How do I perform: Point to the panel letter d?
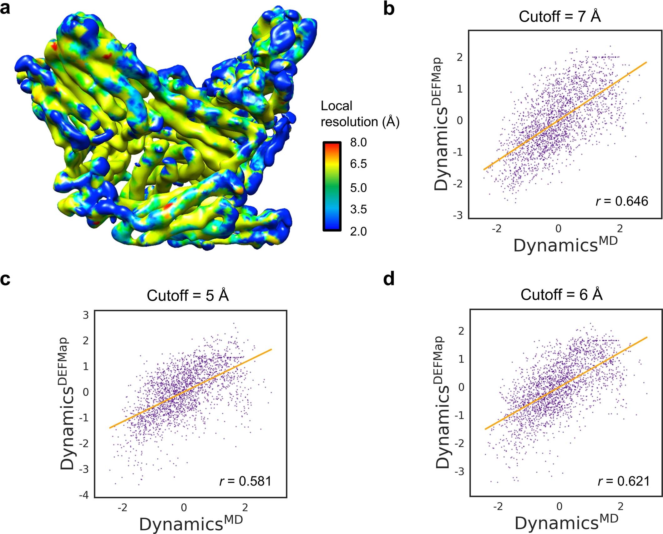389,278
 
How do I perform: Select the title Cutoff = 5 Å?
188,295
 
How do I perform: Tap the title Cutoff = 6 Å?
561,295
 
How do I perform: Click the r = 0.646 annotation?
622,201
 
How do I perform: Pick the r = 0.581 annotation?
245,481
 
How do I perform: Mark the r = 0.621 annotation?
624,481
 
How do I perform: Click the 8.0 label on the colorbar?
358,142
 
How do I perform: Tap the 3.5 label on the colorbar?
358,209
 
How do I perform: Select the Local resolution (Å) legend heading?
360,114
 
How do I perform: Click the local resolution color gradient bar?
332,186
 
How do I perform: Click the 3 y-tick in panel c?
86,315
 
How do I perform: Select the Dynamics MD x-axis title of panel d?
566,523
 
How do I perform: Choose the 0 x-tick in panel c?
184,507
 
